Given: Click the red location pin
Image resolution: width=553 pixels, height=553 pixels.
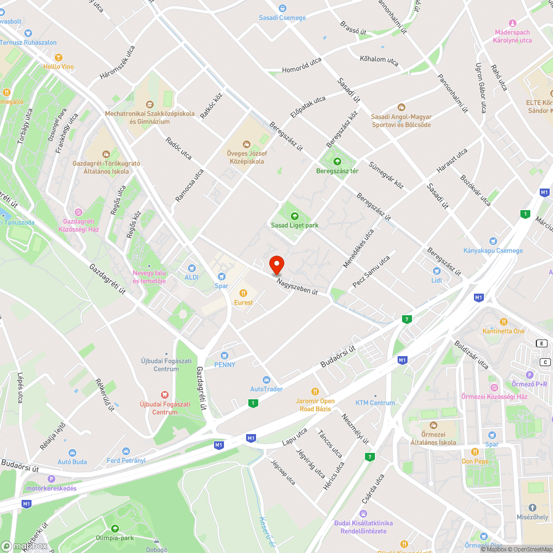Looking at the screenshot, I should point(276,265).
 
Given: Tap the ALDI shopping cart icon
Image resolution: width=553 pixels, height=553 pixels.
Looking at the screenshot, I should point(192,268).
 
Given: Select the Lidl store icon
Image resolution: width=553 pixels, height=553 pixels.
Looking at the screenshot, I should point(436,271).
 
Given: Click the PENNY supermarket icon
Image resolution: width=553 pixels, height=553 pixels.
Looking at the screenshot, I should point(225,356).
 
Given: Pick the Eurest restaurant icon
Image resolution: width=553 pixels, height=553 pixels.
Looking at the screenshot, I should point(243,293).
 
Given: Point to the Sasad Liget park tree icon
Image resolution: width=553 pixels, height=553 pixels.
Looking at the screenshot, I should point(294,216).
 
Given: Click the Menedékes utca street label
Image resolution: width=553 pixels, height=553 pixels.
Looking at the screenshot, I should point(358,249).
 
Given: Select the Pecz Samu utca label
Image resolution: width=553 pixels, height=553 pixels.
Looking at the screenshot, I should point(371,272).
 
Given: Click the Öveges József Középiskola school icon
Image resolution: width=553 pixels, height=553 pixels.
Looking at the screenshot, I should point(247,144).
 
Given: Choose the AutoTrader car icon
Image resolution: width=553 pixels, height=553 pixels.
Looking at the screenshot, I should point(266,380).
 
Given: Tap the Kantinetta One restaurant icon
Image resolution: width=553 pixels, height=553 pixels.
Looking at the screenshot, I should point(503,322).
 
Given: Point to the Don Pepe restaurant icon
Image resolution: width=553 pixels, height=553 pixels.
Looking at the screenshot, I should point(474,452).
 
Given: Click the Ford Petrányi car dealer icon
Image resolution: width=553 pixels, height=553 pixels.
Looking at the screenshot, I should point(126,451).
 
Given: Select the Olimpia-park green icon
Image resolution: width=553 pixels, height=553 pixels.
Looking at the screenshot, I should point(115,528).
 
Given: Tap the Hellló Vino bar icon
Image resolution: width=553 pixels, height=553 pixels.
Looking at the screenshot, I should point(59,57).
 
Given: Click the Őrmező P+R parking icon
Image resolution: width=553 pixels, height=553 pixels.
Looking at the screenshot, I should point(529,374).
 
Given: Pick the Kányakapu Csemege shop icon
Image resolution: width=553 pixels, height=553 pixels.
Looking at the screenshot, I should point(493,241).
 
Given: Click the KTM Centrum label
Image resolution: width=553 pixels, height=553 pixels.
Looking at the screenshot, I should point(375,403).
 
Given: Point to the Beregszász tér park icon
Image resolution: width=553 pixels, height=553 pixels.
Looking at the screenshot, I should point(337,161).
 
